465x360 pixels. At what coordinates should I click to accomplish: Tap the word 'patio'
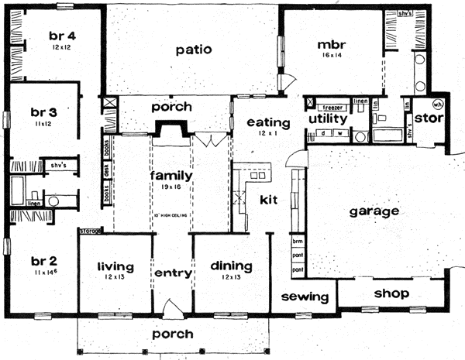[194, 50]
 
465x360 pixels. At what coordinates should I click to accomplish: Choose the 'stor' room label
[428, 118]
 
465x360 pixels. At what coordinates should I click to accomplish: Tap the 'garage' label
[374, 211]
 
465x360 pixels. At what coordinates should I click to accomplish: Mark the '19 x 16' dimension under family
[170, 187]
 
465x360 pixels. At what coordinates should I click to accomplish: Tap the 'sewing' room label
[300, 297]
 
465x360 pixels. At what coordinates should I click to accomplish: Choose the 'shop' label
[391, 294]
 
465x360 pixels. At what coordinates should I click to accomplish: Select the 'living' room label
[115, 267]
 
